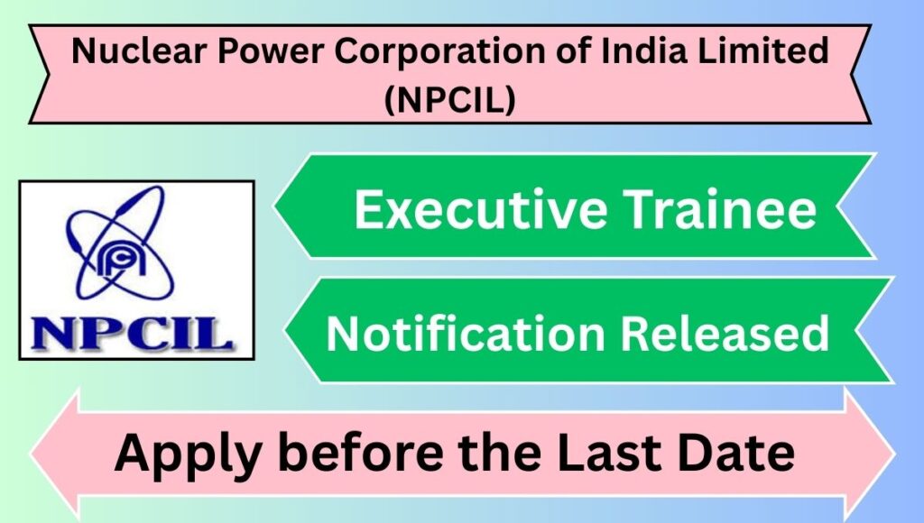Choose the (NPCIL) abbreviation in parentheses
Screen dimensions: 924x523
click(x=449, y=99)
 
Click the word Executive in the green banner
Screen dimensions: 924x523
click(x=481, y=208)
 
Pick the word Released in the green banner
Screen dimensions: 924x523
click(x=725, y=333)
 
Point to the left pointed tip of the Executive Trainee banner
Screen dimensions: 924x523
click(x=275, y=206)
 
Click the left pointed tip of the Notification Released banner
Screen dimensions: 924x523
click(x=286, y=330)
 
